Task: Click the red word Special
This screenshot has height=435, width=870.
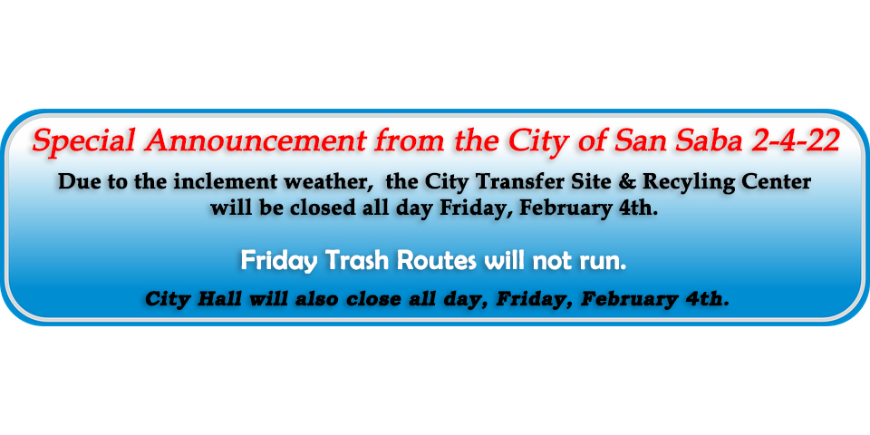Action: point(83,142)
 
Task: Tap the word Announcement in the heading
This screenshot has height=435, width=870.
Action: point(256,141)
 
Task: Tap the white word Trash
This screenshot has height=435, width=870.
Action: point(358,260)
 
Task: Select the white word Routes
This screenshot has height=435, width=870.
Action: point(439,260)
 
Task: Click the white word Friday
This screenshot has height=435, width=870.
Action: point(279,262)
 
